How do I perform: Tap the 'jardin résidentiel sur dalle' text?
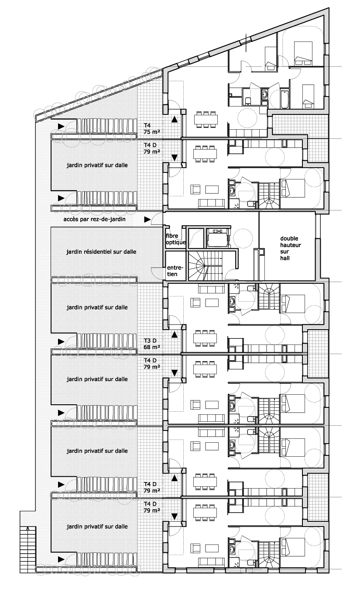tap(101, 251)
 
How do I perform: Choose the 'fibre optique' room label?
tap(175, 239)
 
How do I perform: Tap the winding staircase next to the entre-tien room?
tap(201, 266)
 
